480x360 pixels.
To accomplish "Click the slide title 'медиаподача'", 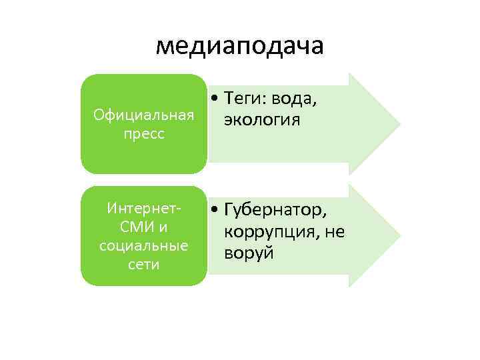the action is pyautogui.click(x=239, y=45).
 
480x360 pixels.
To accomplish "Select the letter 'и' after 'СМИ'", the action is pyautogui.click(x=161, y=227).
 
